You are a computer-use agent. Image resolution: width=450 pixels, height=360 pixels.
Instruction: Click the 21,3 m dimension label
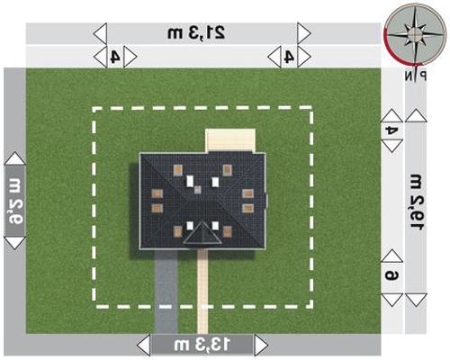click(x=196, y=32)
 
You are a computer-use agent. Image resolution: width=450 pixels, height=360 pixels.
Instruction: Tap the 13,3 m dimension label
click(x=202, y=345)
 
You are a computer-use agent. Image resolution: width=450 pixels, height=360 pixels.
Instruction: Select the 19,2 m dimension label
click(x=416, y=202)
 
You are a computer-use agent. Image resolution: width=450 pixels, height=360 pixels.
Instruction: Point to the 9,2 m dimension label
click(x=15, y=202)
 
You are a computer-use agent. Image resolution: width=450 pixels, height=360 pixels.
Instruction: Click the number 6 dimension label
click(x=391, y=275)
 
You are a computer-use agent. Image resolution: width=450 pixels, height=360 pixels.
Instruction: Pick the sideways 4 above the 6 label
click(x=391, y=130)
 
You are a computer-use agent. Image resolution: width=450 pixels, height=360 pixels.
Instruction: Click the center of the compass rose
click(x=416, y=35)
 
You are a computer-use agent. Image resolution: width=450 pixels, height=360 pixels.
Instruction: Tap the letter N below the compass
click(x=409, y=76)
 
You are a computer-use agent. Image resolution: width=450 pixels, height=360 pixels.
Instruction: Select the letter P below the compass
click(x=422, y=76)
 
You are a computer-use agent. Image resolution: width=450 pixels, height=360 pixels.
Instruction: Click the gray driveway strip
click(x=166, y=292)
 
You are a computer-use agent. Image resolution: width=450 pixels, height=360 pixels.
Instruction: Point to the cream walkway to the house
click(x=202, y=292)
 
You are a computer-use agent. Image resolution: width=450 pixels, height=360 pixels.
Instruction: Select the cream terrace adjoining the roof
click(x=230, y=140)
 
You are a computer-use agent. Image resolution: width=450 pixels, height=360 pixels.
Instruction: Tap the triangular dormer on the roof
click(x=202, y=234)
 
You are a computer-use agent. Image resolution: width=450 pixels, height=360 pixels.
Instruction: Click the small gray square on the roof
click(x=197, y=190)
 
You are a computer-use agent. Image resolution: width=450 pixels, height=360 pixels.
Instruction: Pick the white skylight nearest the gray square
click(x=190, y=181)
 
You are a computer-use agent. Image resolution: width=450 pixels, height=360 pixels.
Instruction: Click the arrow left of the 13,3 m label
click(x=143, y=346)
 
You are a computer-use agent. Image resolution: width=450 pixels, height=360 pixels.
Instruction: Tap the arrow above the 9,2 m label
click(x=15, y=158)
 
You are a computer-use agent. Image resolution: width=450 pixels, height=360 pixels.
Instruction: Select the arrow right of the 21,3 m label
click(x=304, y=33)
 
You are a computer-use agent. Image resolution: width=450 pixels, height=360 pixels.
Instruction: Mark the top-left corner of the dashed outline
click(x=94, y=109)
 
